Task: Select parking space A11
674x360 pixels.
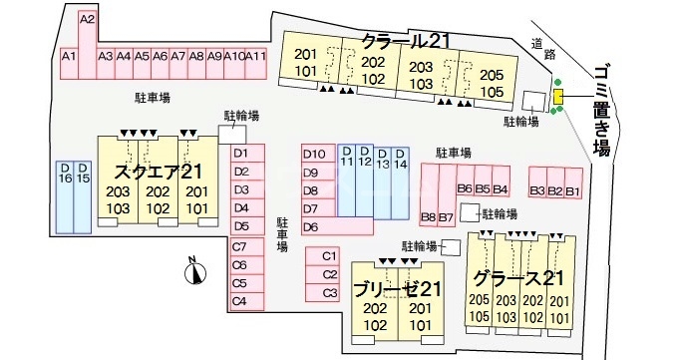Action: [x=256, y=58]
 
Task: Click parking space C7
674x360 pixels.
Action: [x=239, y=247]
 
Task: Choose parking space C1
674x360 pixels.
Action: [x=330, y=256]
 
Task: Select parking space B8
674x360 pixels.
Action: [x=429, y=216]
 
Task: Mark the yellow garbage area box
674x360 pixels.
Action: [x=558, y=96]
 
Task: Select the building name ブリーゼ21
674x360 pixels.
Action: [x=396, y=289]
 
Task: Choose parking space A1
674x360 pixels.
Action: [x=70, y=58]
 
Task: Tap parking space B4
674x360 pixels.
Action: [x=501, y=189]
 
